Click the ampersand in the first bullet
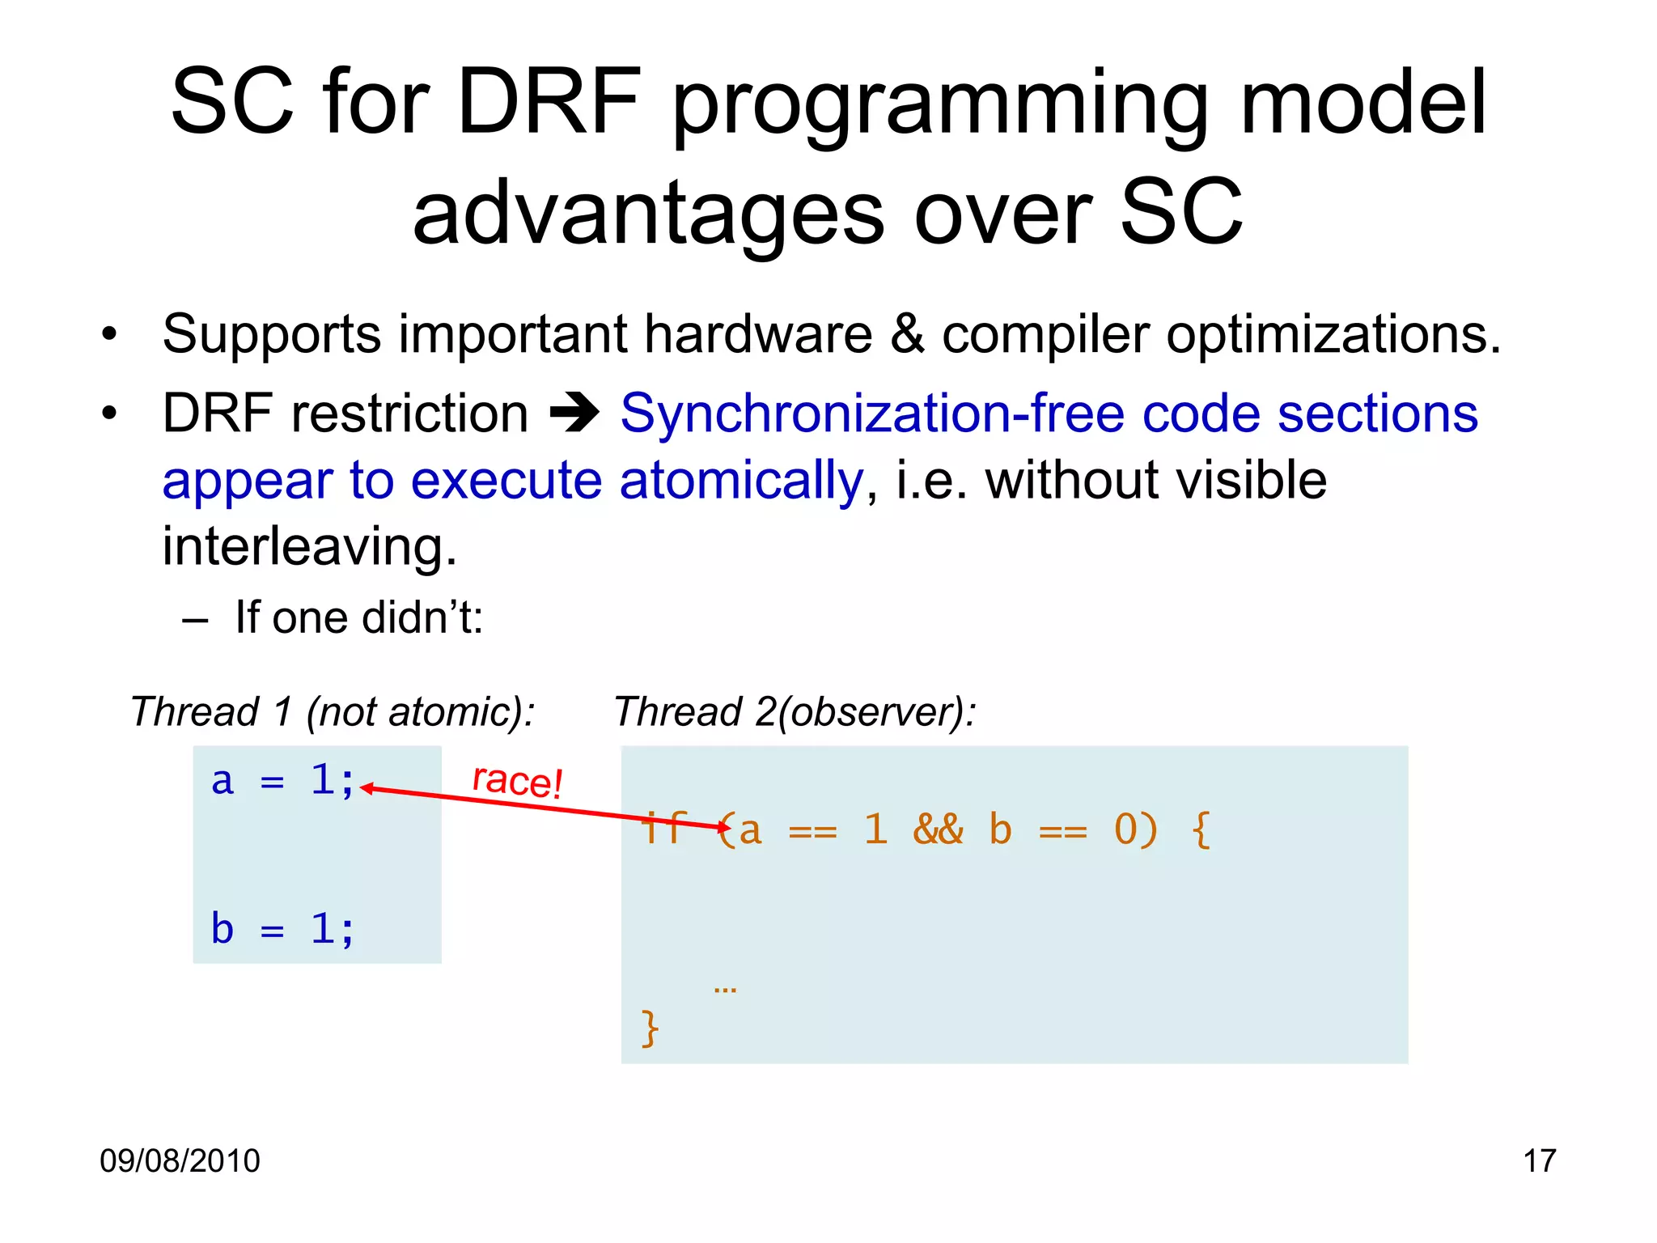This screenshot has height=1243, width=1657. [907, 333]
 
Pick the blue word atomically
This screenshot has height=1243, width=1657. [741, 480]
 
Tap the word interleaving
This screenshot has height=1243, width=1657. [309, 546]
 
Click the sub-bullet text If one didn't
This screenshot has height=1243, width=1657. [358, 617]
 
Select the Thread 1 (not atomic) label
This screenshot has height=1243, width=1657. [333, 712]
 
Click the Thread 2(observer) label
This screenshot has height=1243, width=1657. [795, 712]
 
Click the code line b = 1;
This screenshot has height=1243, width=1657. [282, 929]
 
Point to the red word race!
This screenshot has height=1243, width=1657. [517, 781]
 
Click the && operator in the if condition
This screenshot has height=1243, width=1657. [938, 830]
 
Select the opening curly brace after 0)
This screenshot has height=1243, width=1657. [1201, 830]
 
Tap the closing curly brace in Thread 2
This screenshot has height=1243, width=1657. [650, 1029]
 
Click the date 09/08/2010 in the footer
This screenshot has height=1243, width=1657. [180, 1160]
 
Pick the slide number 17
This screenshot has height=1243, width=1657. [1539, 1160]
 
